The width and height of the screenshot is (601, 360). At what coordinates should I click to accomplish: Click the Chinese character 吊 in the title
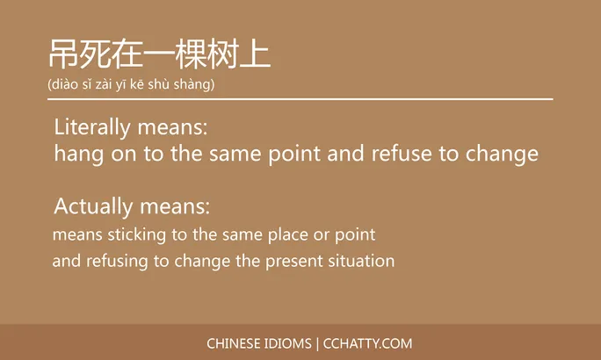click(64, 54)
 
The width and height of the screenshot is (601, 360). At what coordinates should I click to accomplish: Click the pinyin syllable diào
click(66, 84)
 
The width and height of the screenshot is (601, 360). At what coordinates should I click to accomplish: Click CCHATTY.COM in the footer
click(367, 343)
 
